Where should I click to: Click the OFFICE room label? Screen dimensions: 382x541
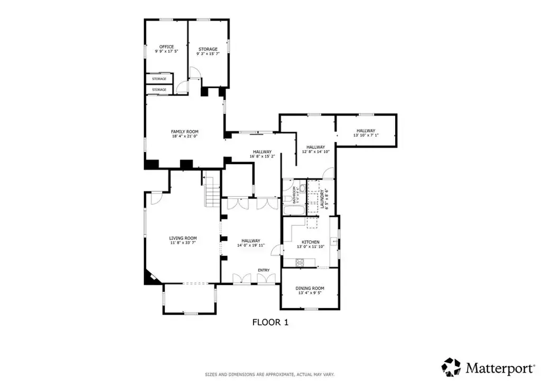pyautogui.click(x=166, y=47)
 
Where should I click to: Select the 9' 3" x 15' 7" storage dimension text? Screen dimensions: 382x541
pyautogui.click(x=208, y=54)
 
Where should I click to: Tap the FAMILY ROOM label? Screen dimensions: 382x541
pyautogui.click(x=184, y=131)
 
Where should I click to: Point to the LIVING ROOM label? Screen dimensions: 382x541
pyautogui.click(x=183, y=238)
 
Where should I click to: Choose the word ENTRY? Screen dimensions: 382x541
pyautogui.click(x=264, y=270)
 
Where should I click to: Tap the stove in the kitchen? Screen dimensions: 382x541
pyautogui.click(x=301, y=262)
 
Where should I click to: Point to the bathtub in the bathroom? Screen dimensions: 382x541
pyautogui.click(x=293, y=211)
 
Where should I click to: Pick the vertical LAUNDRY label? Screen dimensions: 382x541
pyautogui.click(x=322, y=199)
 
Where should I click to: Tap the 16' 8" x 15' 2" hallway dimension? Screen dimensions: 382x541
pyautogui.click(x=261, y=156)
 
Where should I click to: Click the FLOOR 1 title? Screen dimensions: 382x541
pyautogui.click(x=270, y=322)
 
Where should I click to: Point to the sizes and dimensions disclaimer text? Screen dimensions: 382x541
pyautogui.click(x=270, y=375)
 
